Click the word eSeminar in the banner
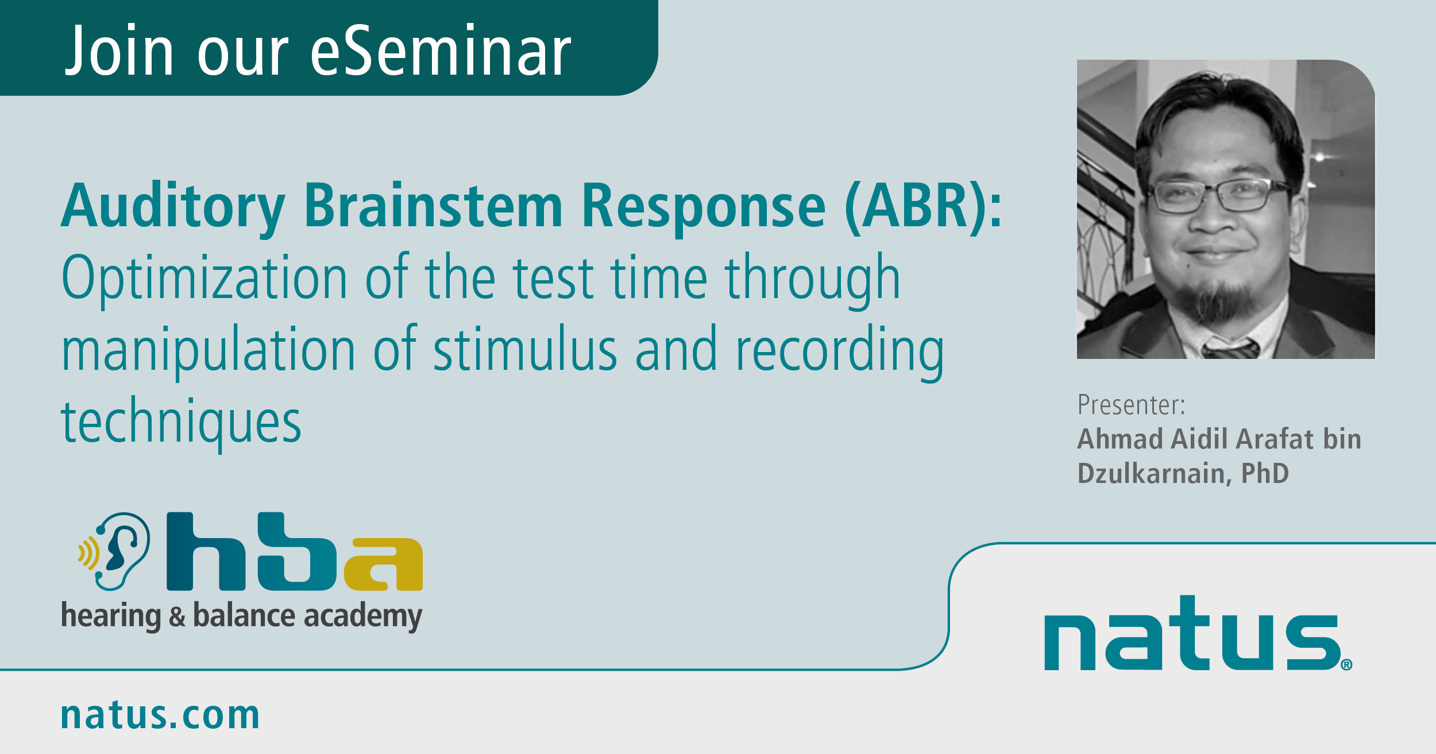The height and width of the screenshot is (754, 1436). pos(441,51)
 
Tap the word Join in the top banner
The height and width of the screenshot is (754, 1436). pos(119,51)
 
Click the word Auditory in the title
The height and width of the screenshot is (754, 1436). pos(173,207)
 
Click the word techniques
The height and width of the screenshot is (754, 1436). pos(181,423)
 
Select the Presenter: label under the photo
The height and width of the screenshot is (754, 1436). pos(1131,405)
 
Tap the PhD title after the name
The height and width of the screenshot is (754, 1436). pos(1265,474)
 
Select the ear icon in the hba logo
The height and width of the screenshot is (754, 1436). pos(115,551)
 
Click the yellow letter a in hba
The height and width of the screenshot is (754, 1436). pos(384,564)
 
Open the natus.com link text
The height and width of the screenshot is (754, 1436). pos(160,716)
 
